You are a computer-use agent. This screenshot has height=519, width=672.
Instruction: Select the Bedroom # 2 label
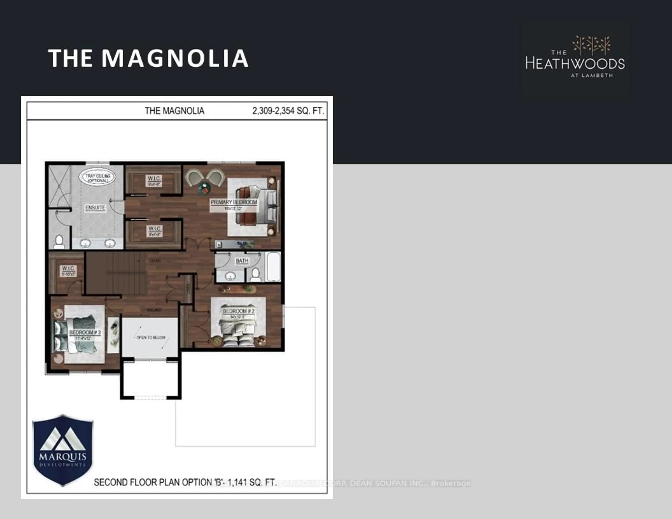[x=239, y=311]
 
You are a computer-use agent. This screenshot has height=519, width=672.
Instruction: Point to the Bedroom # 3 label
[x=85, y=333]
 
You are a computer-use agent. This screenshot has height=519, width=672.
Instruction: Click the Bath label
[x=242, y=261]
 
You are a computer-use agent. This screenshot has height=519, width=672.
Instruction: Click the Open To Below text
[x=151, y=337]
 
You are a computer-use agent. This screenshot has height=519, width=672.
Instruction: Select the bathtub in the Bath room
[x=274, y=267]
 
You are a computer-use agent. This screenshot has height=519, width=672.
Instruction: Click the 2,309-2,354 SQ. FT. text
[x=288, y=111]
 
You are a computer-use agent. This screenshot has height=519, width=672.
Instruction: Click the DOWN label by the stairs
[x=155, y=261]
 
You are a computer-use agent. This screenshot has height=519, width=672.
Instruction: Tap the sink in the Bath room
[x=230, y=276]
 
